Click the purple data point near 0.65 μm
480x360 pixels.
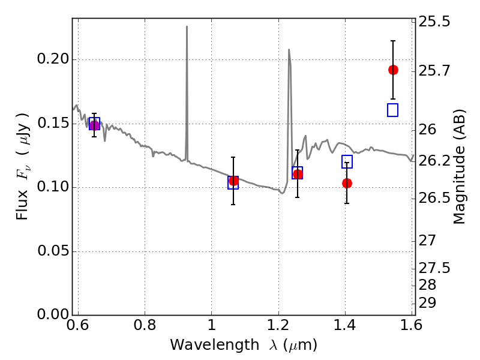click(x=94, y=125)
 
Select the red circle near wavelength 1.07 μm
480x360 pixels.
click(x=233, y=181)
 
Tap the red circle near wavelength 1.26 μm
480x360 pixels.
click(x=298, y=174)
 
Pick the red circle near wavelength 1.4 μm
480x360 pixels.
click(x=347, y=184)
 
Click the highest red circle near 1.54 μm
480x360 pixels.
click(x=393, y=70)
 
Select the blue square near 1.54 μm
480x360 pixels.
click(x=393, y=110)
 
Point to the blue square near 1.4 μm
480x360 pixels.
click(x=347, y=161)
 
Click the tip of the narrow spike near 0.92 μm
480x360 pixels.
click(x=187, y=26)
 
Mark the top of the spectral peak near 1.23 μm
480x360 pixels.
click(x=289, y=49)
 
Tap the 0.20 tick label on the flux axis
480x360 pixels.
click(x=53, y=59)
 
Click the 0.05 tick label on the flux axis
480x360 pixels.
click(x=53, y=251)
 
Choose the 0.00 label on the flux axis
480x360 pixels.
click(x=53, y=314)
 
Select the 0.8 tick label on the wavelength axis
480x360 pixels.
click(x=145, y=325)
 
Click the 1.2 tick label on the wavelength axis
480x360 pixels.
click(x=278, y=325)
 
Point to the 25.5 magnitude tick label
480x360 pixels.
click(x=434, y=22)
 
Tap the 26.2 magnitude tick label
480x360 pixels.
click(x=434, y=161)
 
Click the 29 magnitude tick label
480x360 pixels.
click(x=427, y=303)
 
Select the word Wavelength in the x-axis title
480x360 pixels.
click(x=215, y=345)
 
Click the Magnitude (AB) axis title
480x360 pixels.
click(x=459, y=167)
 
